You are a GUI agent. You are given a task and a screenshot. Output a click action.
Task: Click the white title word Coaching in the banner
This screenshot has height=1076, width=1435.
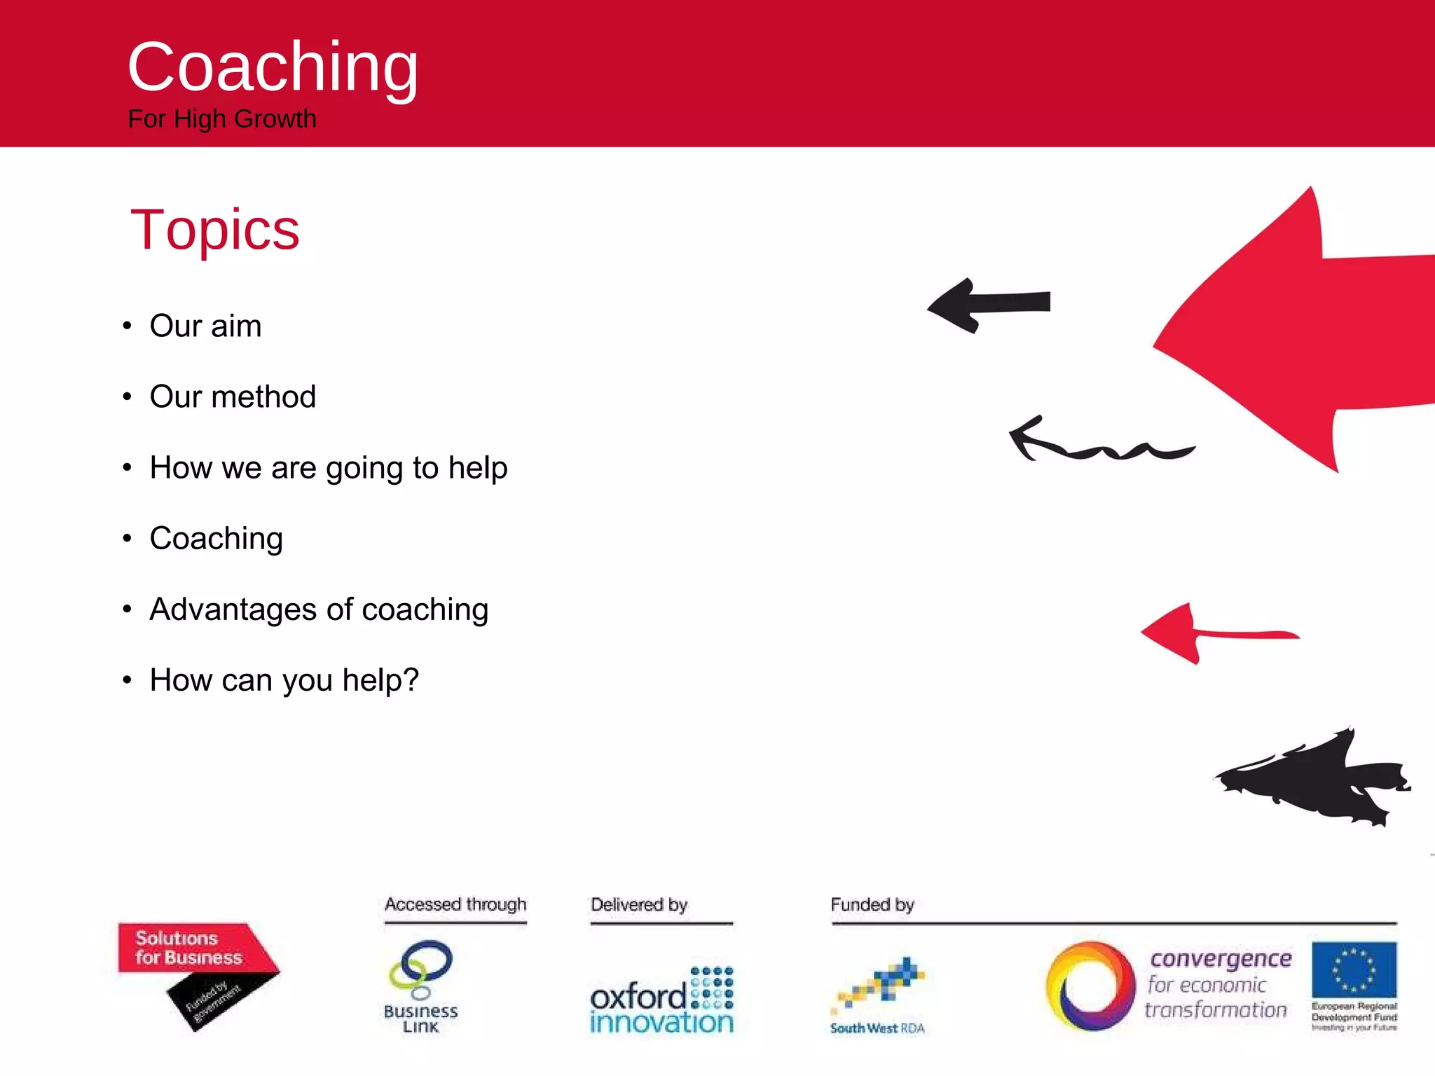pyautogui.click(x=273, y=67)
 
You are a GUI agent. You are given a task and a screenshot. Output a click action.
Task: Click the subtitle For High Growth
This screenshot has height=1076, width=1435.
pyautogui.click(x=222, y=119)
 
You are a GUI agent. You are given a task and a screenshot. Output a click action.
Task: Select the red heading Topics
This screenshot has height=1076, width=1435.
pyautogui.click(x=214, y=230)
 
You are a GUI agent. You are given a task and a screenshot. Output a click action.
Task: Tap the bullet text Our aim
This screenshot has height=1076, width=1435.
pyautogui.click(x=205, y=326)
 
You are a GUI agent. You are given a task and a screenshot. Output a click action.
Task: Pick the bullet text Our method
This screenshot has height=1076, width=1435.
pyautogui.click(x=233, y=397)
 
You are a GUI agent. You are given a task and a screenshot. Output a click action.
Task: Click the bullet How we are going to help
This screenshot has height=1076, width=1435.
pyautogui.click(x=328, y=468)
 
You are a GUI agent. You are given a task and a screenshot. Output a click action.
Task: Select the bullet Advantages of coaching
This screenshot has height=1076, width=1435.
pyautogui.click(x=319, y=609)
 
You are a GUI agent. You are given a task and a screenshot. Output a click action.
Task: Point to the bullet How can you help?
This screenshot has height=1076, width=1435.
pyautogui.click(x=284, y=680)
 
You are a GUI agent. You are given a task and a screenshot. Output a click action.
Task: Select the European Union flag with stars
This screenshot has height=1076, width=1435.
pyautogui.click(x=1354, y=970)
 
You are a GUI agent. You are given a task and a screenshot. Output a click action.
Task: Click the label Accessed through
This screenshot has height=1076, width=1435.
pyautogui.click(x=455, y=904)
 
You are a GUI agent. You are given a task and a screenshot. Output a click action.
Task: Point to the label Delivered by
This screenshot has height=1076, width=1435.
pyautogui.click(x=639, y=904)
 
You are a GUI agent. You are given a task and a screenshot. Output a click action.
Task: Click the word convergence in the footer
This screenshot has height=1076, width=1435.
pyautogui.click(x=1221, y=958)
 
